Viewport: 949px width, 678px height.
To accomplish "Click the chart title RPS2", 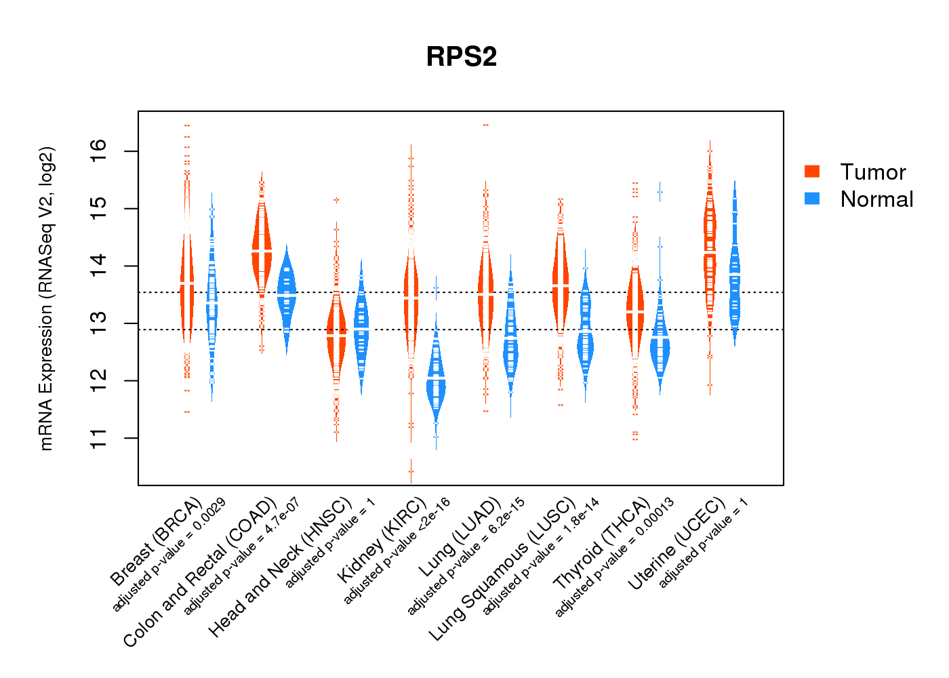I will click(462, 57).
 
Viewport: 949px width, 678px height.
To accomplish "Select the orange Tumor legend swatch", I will click(812, 172).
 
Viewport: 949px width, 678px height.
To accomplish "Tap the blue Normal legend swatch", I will click(812, 199).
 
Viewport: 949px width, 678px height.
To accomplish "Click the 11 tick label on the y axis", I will click(99, 438).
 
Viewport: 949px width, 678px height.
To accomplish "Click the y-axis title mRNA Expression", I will click(46, 298).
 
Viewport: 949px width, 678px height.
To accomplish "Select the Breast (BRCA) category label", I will click(156, 542).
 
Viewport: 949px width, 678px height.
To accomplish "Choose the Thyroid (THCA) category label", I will click(602, 544).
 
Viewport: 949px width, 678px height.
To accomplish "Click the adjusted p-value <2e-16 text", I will click(397, 551).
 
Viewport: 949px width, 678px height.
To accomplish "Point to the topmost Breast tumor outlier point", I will click(187, 125).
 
